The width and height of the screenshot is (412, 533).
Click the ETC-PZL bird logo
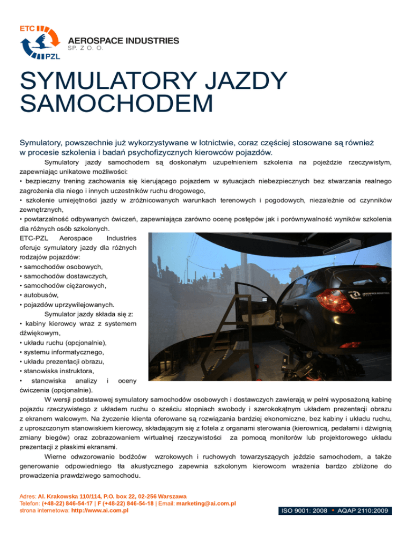[x=39, y=42]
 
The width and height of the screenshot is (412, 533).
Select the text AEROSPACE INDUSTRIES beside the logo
[x=123, y=40]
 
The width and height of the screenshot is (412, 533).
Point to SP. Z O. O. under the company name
[x=89, y=48]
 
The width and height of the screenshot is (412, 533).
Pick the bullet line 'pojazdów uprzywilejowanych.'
[x=67, y=305]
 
